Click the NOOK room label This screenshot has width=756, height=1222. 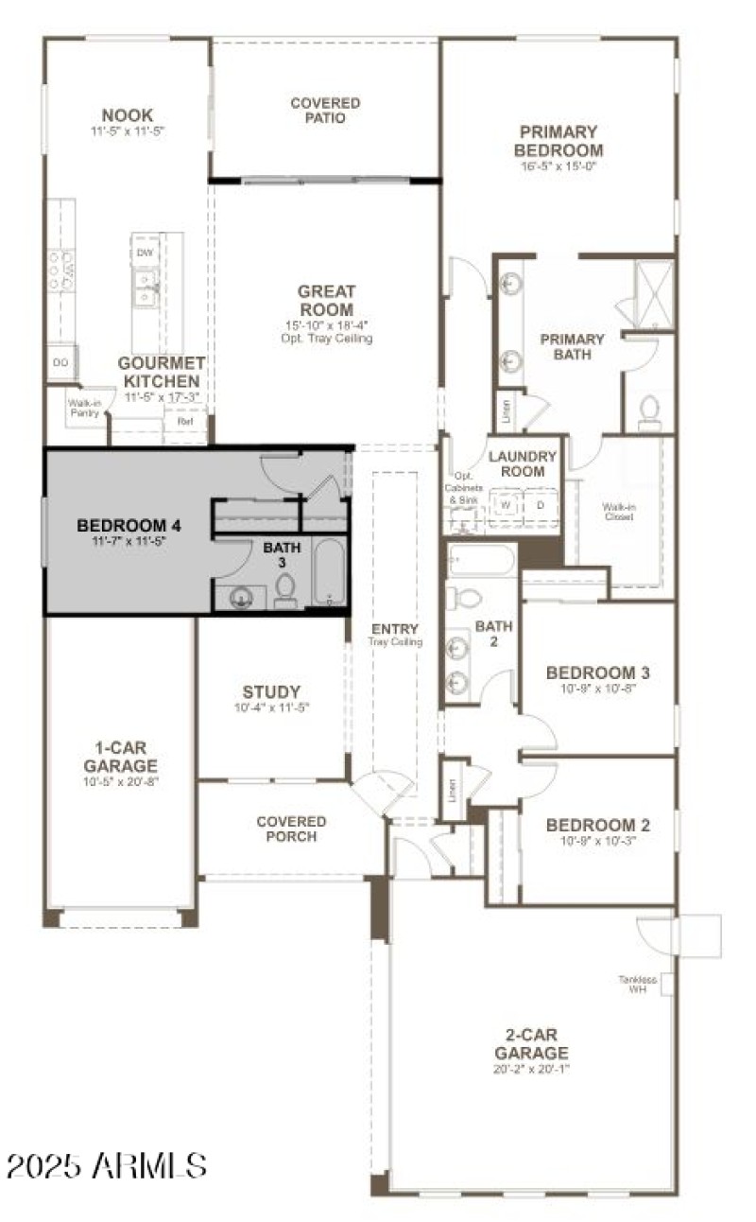pyautogui.click(x=128, y=115)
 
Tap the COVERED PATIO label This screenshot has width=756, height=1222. pyautogui.click(x=324, y=111)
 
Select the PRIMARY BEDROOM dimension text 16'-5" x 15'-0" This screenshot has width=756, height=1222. pyautogui.click(x=558, y=166)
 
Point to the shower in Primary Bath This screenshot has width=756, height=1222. pyautogui.click(x=653, y=293)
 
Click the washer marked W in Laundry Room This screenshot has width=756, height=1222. pyautogui.click(x=506, y=505)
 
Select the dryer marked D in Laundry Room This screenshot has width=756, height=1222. pyautogui.click(x=541, y=505)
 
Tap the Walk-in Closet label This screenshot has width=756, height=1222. pyautogui.click(x=619, y=512)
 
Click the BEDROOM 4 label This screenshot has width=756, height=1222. pyautogui.click(x=129, y=525)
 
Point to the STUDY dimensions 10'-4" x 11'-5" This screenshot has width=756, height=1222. pyautogui.click(x=271, y=707)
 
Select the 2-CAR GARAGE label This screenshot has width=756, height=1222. pyautogui.click(x=531, y=1045)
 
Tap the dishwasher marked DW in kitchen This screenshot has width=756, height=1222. pyautogui.click(x=145, y=253)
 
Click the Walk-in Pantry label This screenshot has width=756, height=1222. pyautogui.click(x=83, y=407)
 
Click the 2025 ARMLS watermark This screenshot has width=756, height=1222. pyautogui.click(x=106, y=1164)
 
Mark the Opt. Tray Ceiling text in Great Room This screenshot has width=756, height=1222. pyautogui.click(x=326, y=339)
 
